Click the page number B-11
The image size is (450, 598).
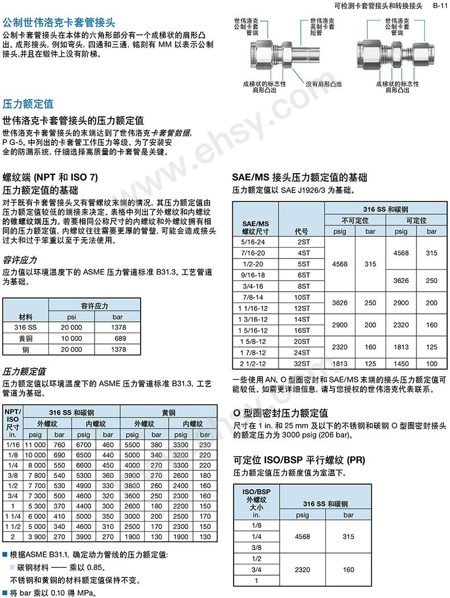[x=439, y=6]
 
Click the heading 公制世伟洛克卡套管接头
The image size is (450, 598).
[x=59, y=24]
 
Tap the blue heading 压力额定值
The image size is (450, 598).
[x=28, y=104]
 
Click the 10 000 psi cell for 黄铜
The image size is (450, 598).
[x=71, y=338]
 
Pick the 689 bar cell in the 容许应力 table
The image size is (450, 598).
[x=119, y=338]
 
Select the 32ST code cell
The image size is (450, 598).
[x=302, y=363]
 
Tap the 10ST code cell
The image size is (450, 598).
[x=302, y=297]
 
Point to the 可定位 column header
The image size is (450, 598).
[x=416, y=220]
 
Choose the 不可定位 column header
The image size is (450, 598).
[x=355, y=220]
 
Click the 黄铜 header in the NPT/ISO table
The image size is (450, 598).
[x=169, y=412]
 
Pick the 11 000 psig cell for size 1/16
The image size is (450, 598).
[x=36, y=444]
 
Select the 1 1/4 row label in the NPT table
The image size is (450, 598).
[x=12, y=516]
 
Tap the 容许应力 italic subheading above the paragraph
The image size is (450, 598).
[x=21, y=260]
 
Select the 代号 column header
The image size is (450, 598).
[x=302, y=231]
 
